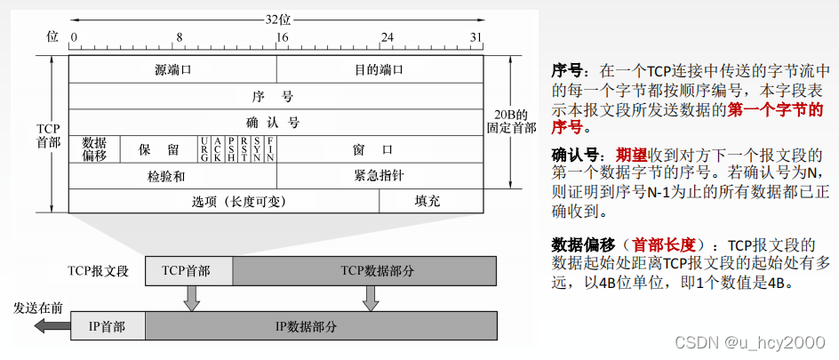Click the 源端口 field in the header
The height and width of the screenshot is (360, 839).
[x=172, y=68]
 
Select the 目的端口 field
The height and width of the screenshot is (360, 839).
[x=380, y=68]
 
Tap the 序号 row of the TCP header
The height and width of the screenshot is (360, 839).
[x=276, y=95]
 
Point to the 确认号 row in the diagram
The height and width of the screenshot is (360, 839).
[x=276, y=122]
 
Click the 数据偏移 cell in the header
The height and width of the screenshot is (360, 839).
[x=94, y=148]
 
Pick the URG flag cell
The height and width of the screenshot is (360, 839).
[x=204, y=149]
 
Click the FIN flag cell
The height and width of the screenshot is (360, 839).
[x=270, y=149]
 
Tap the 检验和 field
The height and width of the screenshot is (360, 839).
[x=172, y=176]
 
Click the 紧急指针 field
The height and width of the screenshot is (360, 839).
[x=380, y=176]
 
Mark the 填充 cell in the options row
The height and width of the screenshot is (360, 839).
[x=427, y=201]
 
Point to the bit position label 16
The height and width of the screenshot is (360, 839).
[x=282, y=38]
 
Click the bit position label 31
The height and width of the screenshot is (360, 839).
[x=476, y=38]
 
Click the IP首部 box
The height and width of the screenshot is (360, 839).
[x=106, y=326]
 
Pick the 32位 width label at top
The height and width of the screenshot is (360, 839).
[x=278, y=18]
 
